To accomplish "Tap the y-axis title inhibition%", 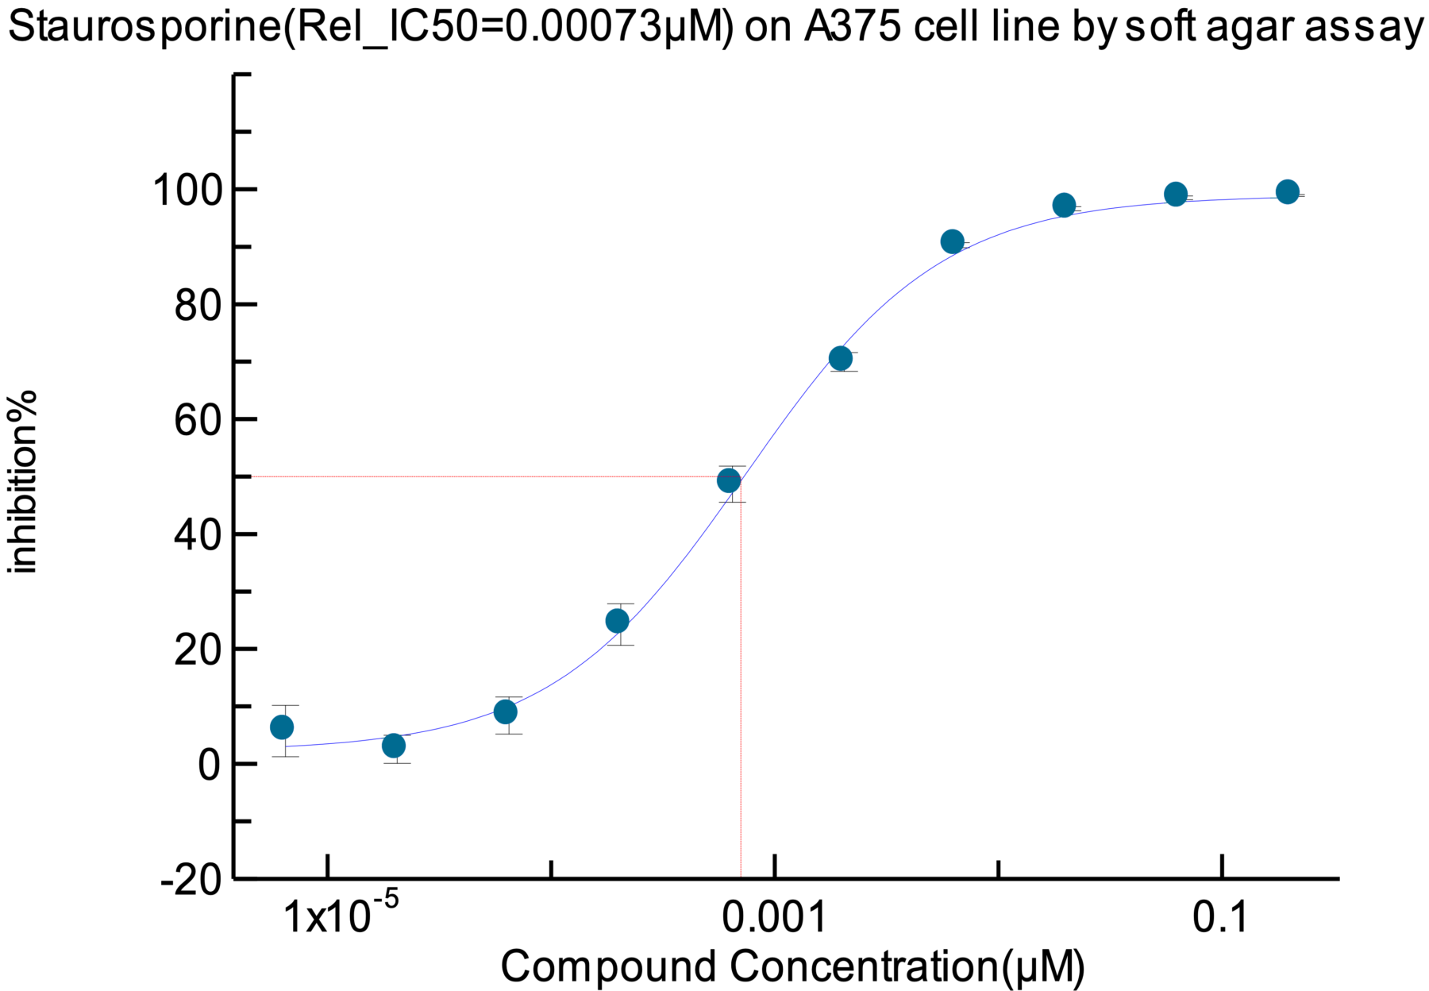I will tap(23, 481).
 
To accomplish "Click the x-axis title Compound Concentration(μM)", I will tap(792, 966).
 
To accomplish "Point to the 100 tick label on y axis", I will tap(184, 191).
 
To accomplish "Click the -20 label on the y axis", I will tap(191, 880).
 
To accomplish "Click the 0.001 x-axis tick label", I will tap(774, 917).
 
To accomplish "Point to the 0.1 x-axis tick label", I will tap(1221, 917).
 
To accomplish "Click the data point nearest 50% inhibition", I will tap(729, 480).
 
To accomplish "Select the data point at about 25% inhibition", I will tap(617, 621).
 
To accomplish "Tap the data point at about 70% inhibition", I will tap(841, 358).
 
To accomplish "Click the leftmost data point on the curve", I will tap(282, 727).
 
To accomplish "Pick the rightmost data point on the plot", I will tap(1288, 191).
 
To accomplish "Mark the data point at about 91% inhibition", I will tap(953, 241).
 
